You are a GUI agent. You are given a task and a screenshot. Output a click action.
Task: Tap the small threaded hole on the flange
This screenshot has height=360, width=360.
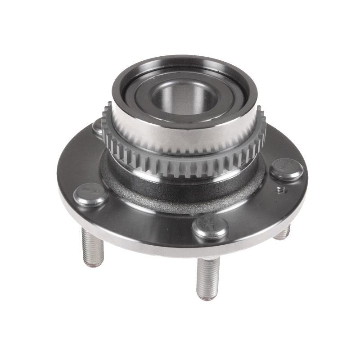pos(282,190)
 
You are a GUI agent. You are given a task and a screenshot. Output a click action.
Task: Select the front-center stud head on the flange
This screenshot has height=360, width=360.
pos(210,226)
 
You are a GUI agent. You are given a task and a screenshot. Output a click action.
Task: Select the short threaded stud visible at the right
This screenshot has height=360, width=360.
pos(283,232)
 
